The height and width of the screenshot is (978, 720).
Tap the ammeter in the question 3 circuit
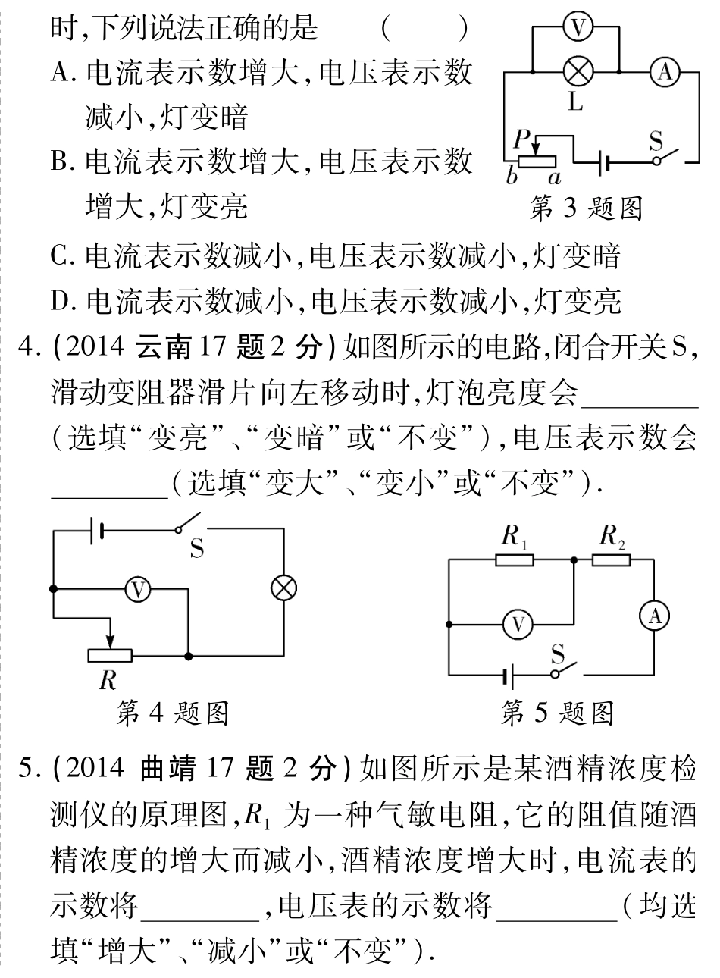[x=664, y=72]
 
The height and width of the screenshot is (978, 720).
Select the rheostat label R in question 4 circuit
[x=108, y=681]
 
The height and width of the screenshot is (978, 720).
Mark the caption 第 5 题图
[x=557, y=712]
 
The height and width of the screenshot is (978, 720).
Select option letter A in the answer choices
[x=61, y=73]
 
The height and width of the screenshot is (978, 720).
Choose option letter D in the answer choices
[x=61, y=301]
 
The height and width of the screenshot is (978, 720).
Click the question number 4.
[x=28, y=350]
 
